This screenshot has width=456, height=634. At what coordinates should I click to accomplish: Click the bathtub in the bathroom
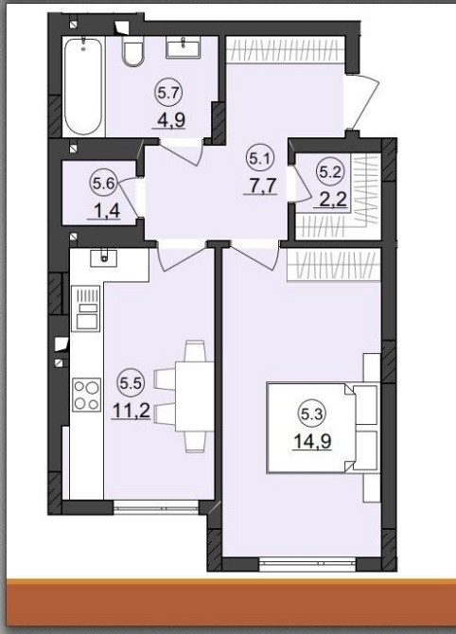pos(83,86)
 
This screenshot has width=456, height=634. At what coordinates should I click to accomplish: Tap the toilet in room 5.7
pos(132,52)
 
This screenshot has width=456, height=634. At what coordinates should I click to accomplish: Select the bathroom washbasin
pos(184,47)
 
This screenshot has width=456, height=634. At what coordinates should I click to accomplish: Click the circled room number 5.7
pos(168,94)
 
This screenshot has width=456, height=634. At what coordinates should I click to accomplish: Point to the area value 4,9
pos(169,119)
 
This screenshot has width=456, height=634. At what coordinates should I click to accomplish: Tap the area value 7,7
pos(261,185)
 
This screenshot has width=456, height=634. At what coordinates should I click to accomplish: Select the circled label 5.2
pos(329,172)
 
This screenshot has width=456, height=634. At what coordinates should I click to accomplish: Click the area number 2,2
pos(333,200)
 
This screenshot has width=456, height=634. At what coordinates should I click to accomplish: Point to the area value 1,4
pos(105,211)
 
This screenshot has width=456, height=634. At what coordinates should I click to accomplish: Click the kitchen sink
pos(103,258)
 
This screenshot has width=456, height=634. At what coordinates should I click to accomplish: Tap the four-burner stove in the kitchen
pos(86,395)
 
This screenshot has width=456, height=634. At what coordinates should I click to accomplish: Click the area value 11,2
pos(131,411)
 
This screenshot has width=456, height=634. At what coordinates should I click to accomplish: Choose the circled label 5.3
pos(312,414)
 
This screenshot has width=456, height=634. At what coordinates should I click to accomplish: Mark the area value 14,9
pos(312,441)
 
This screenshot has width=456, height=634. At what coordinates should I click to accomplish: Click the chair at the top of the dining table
pos(195,351)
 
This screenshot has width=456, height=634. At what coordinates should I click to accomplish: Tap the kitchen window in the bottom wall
pos(156,506)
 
